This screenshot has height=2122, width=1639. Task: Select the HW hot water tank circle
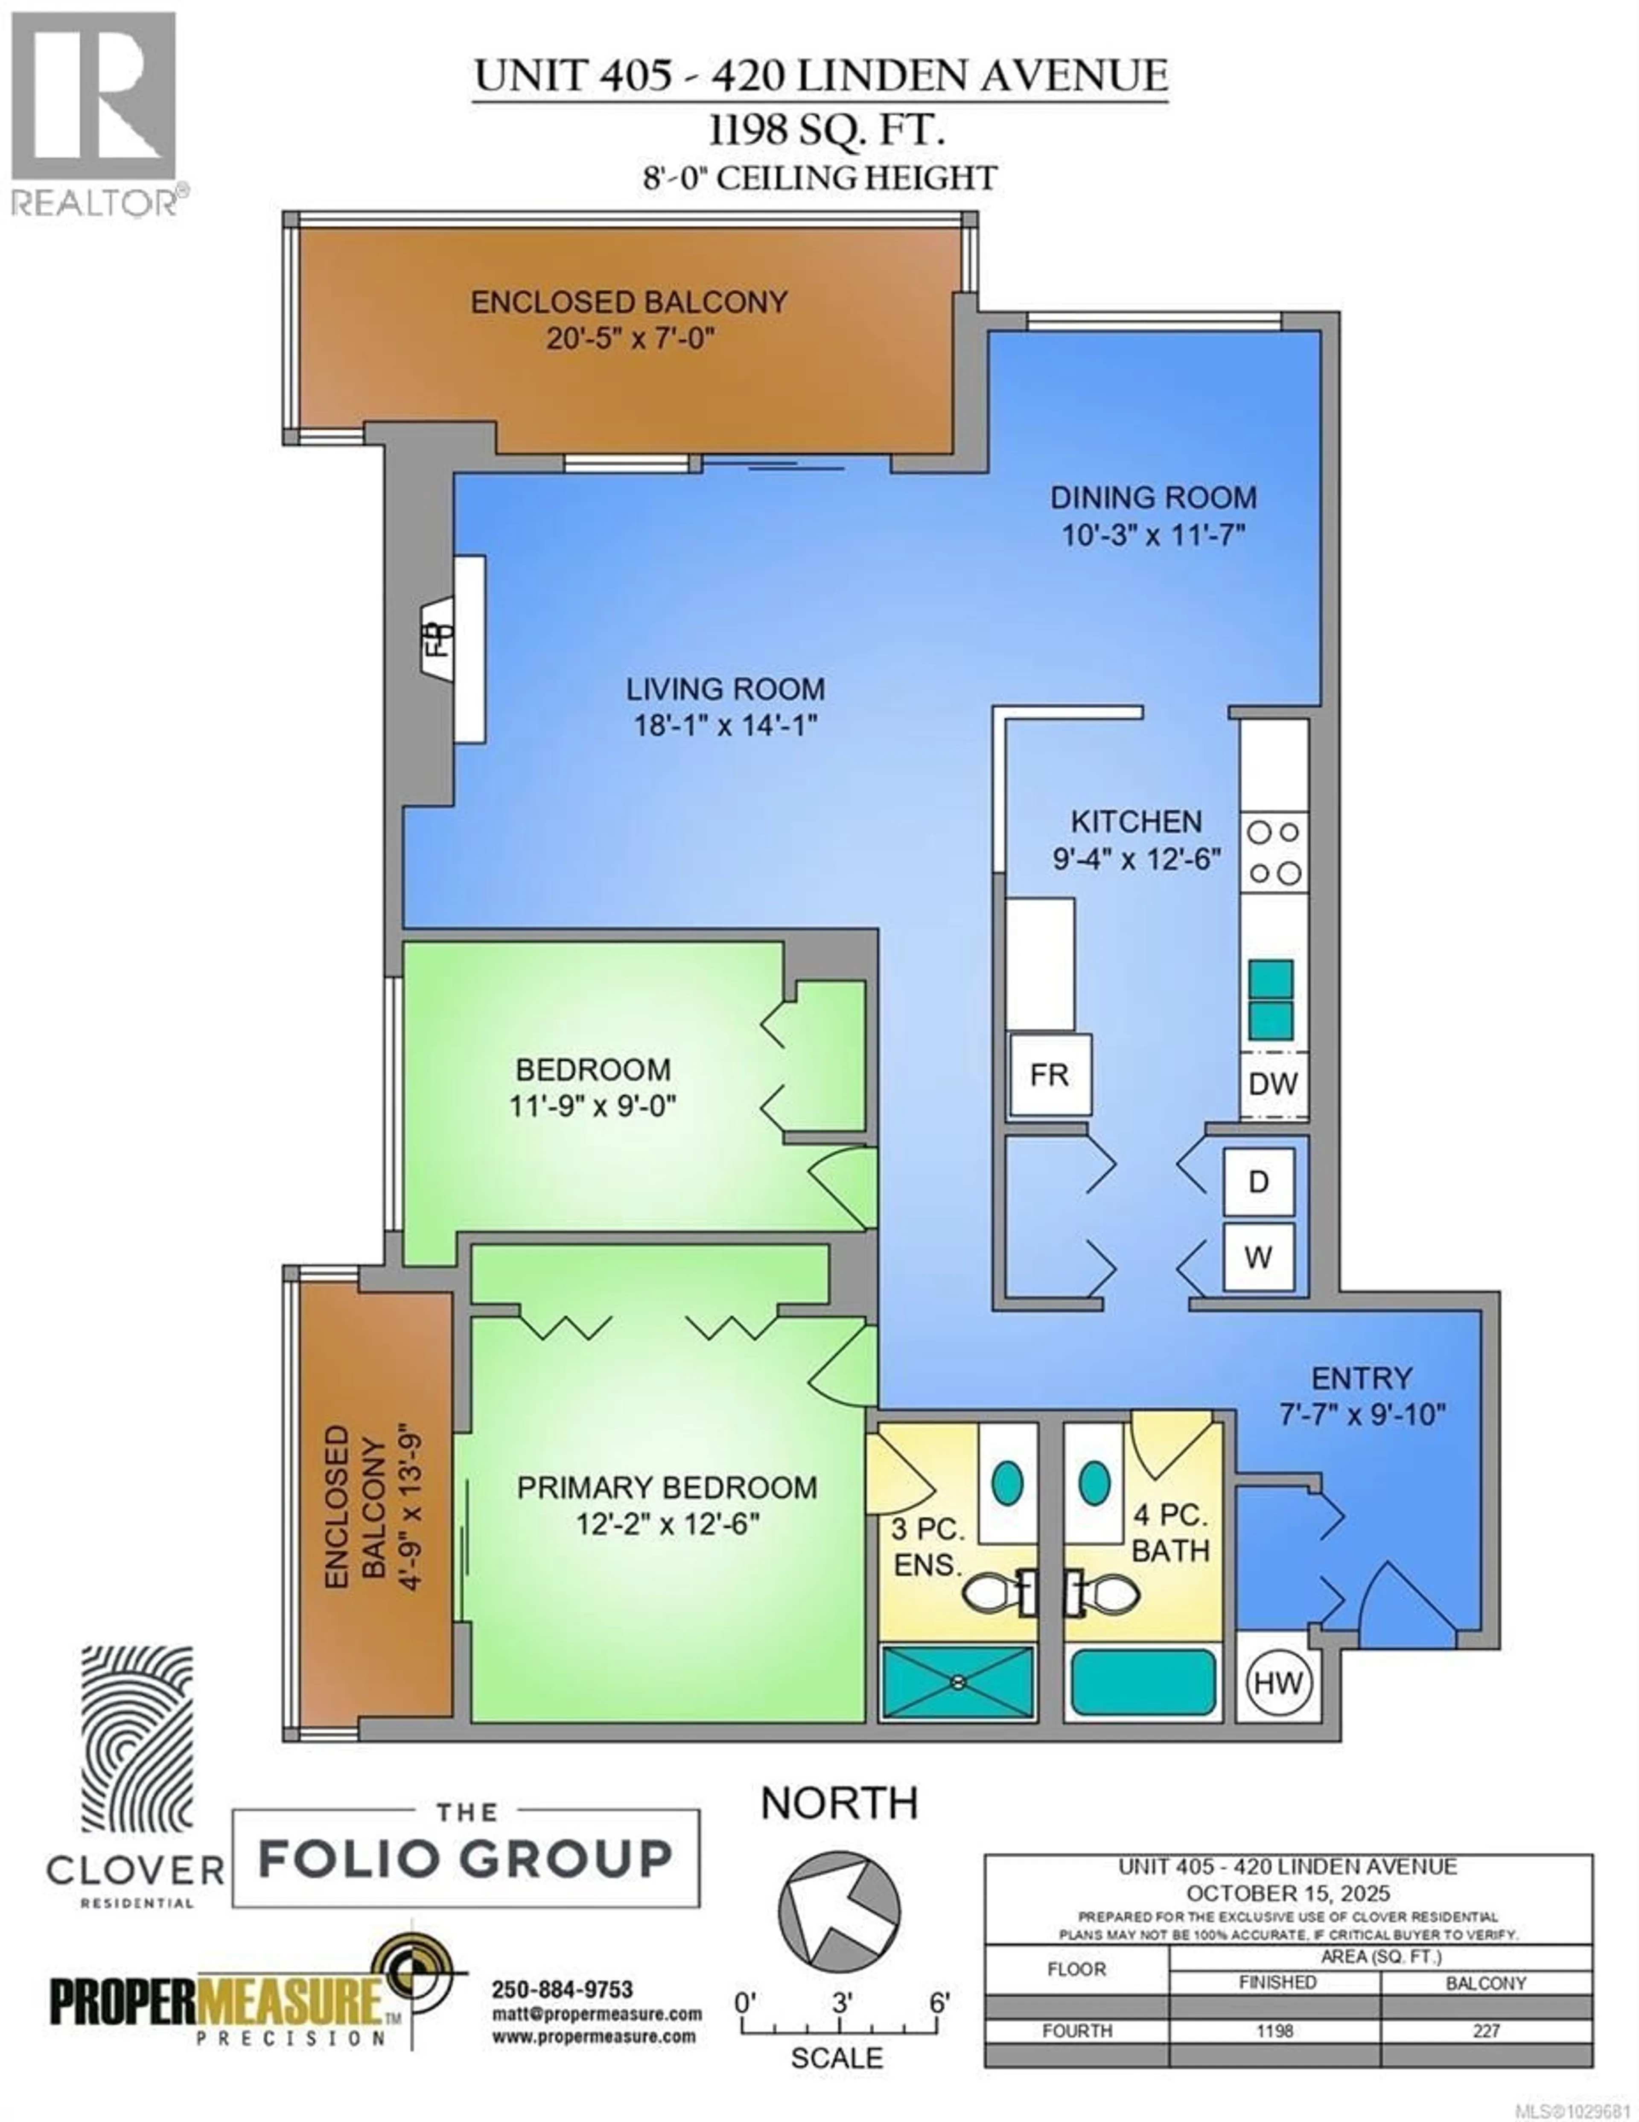click(x=1277, y=1682)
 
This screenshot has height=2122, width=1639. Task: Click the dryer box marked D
click(x=1258, y=1182)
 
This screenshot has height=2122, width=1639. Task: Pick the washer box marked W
click(x=1258, y=1257)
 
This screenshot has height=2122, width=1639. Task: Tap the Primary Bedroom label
click(x=666, y=1488)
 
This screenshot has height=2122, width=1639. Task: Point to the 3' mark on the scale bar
click(x=841, y=2002)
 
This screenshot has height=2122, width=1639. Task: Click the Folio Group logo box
click(x=465, y=1858)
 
